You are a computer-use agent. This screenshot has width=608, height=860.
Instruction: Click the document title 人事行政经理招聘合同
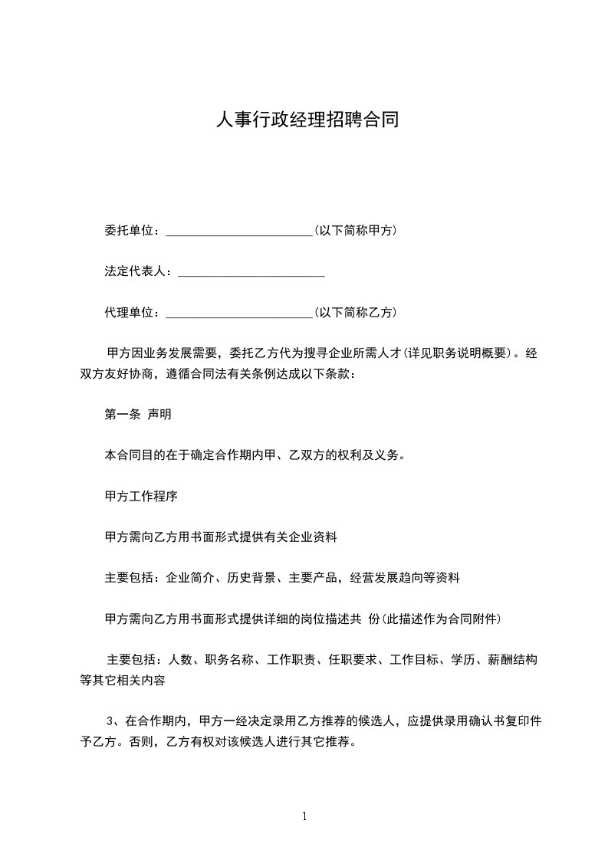(307, 120)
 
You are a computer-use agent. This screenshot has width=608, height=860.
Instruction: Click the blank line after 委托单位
(238, 231)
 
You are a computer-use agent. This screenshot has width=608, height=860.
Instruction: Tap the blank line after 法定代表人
(251, 272)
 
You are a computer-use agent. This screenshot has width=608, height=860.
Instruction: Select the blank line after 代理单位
(238, 313)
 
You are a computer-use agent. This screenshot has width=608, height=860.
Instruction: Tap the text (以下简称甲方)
(355, 231)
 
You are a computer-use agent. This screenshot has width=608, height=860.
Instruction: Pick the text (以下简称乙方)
(355, 313)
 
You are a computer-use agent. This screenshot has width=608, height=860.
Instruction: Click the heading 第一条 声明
(138, 415)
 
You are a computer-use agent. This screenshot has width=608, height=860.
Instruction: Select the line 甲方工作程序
(141, 497)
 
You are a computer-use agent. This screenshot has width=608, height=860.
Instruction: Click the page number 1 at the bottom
(304, 817)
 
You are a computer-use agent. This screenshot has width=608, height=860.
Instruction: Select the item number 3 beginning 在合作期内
(111, 720)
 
